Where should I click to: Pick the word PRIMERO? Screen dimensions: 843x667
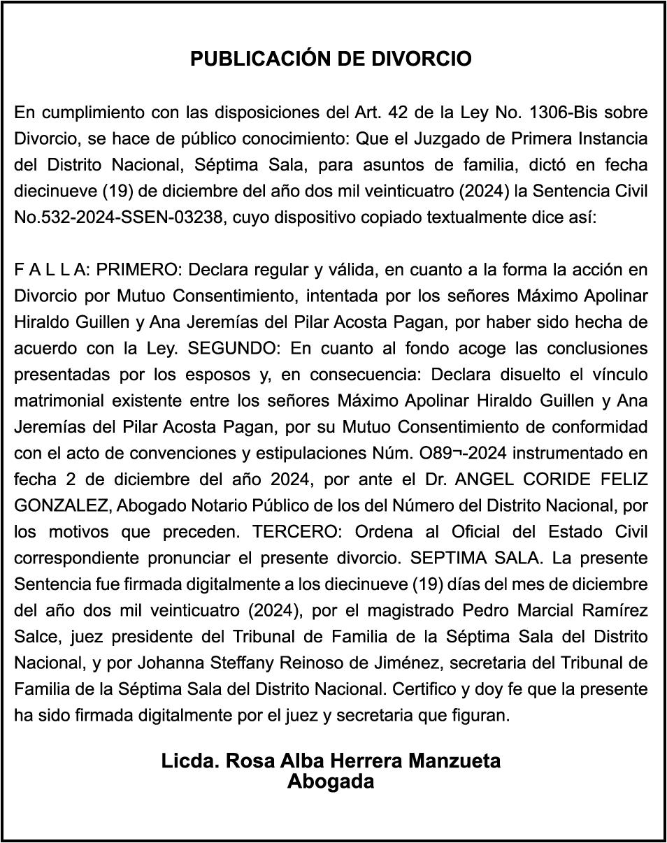point(140,270)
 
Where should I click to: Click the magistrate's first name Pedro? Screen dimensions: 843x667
point(486,610)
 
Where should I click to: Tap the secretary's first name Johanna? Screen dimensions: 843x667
point(171,663)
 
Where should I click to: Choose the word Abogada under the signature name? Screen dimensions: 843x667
point(331,781)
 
